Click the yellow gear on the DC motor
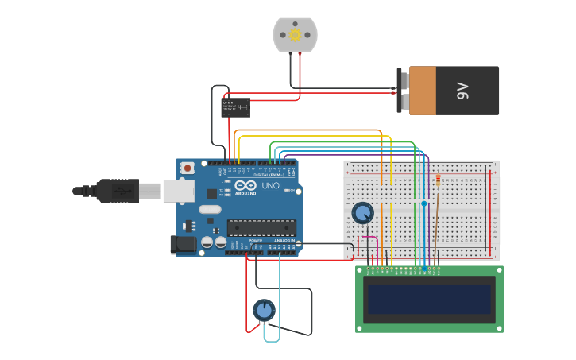pyautogui.click(x=295, y=34)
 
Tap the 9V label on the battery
pyautogui.click(x=463, y=91)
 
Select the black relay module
pyautogui.click(x=235, y=107)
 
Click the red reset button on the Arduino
pyautogui.click(x=187, y=168)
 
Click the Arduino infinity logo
pyautogui.click(x=245, y=185)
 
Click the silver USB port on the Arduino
pyautogui.click(x=178, y=191)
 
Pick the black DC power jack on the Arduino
pyautogui.click(x=184, y=244)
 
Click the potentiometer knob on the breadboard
pyautogui.click(x=362, y=213)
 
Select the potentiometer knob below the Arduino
pyautogui.click(x=264, y=310)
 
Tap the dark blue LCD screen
pyautogui.click(x=428, y=299)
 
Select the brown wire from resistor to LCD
pyautogui.click(x=435, y=230)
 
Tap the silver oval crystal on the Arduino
pyautogui.click(x=210, y=210)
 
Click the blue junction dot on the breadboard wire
pyautogui.click(x=423, y=204)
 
